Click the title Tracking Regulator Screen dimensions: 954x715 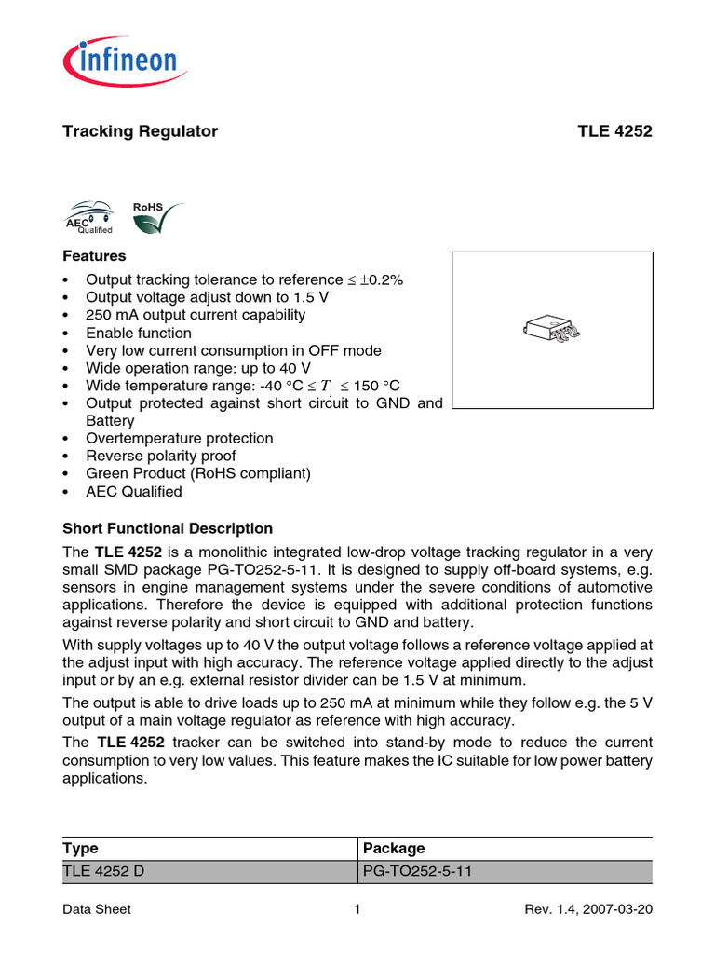pos(140,131)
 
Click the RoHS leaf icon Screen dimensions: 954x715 pos(155,220)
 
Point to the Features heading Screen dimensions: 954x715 pos(94,255)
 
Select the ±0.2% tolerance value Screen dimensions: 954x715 pos(383,280)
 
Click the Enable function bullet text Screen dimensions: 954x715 pos(139,333)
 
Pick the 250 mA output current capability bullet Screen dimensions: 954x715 pos(196,315)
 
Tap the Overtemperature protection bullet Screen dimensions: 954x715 pos(180,438)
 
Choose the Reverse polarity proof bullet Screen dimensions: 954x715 pos(161,456)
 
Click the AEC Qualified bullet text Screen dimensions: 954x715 pos(134,491)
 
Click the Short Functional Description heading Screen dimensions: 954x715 pos(168,528)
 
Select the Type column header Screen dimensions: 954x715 pos(80,848)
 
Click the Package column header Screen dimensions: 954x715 pos(394,848)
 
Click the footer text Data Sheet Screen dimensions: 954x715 pos(97,909)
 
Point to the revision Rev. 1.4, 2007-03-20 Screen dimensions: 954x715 pos(589,909)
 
